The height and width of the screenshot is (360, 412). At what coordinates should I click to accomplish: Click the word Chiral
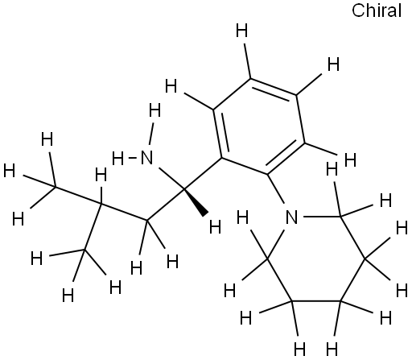click(377, 10)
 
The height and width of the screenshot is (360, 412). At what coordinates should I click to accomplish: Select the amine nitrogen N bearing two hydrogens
click(146, 158)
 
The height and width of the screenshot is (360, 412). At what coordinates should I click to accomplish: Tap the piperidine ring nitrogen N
click(292, 217)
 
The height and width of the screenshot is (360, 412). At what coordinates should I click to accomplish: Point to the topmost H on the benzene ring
click(241, 31)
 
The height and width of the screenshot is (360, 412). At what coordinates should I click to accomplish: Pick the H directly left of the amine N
click(118, 159)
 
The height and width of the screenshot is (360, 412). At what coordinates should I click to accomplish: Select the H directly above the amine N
click(154, 110)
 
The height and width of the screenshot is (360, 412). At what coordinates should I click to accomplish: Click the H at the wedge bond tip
click(215, 227)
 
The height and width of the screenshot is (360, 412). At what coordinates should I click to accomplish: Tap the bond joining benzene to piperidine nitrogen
click(275, 188)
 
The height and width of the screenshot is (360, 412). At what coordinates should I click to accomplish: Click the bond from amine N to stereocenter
click(171, 179)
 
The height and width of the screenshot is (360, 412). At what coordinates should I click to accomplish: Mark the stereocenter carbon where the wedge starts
click(184, 189)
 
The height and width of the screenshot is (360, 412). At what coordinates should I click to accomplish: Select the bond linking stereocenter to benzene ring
click(204, 173)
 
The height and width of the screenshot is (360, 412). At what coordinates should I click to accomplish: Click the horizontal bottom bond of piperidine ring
click(316, 301)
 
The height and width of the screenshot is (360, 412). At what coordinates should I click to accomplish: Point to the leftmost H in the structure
click(10, 171)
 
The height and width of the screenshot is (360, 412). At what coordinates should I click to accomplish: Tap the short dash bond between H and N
click(132, 158)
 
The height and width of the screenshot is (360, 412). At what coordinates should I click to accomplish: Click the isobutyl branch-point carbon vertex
click(101, 204)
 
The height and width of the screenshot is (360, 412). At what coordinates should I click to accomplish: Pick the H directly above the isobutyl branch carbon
click(101, 175)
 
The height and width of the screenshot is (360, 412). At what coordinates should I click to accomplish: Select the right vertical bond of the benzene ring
click(300, 119)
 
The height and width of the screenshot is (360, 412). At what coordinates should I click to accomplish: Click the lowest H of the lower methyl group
click(68, 296)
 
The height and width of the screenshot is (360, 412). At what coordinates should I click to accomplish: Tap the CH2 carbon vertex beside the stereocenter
click(146, 221)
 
